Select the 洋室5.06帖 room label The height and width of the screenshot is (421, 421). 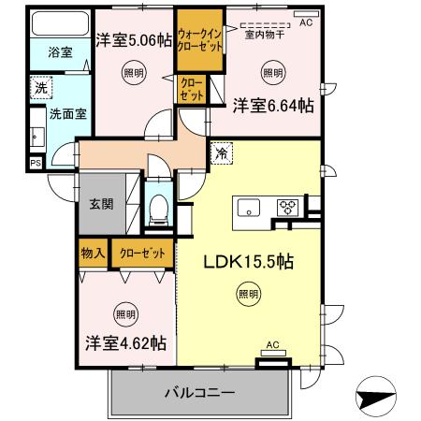click(x=133, y=39)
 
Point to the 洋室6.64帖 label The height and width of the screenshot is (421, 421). click(x=272, y=106)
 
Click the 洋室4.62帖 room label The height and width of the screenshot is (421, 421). click(x=125, y=343)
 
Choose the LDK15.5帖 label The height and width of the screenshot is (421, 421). click(x=249, y=262)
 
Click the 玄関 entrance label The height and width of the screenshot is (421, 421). click(x=101, y=202)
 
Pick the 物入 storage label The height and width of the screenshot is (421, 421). click(x=92, y=253)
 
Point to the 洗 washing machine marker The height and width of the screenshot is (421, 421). click(x=40, y=87)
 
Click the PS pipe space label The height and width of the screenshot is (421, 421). click(x=36, y=163)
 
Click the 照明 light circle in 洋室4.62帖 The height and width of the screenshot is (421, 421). click(x=124, y=312)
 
